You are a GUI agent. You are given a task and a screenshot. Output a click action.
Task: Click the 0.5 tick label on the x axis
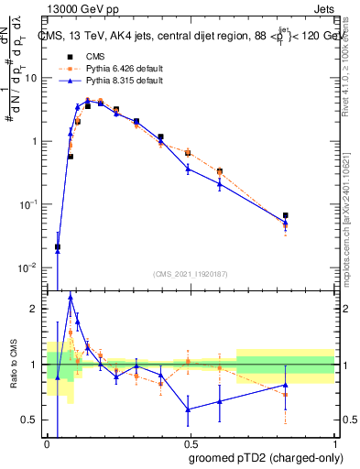click(x=191, y=444)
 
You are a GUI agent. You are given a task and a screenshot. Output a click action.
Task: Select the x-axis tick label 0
click(x=48, y=444)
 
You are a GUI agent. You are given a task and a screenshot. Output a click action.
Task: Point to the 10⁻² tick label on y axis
click(x=30, y=267)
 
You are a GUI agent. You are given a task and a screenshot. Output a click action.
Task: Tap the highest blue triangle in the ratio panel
click(x=71, y=297)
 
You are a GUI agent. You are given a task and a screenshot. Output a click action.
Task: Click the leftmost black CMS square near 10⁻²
click(x=58, y=246)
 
